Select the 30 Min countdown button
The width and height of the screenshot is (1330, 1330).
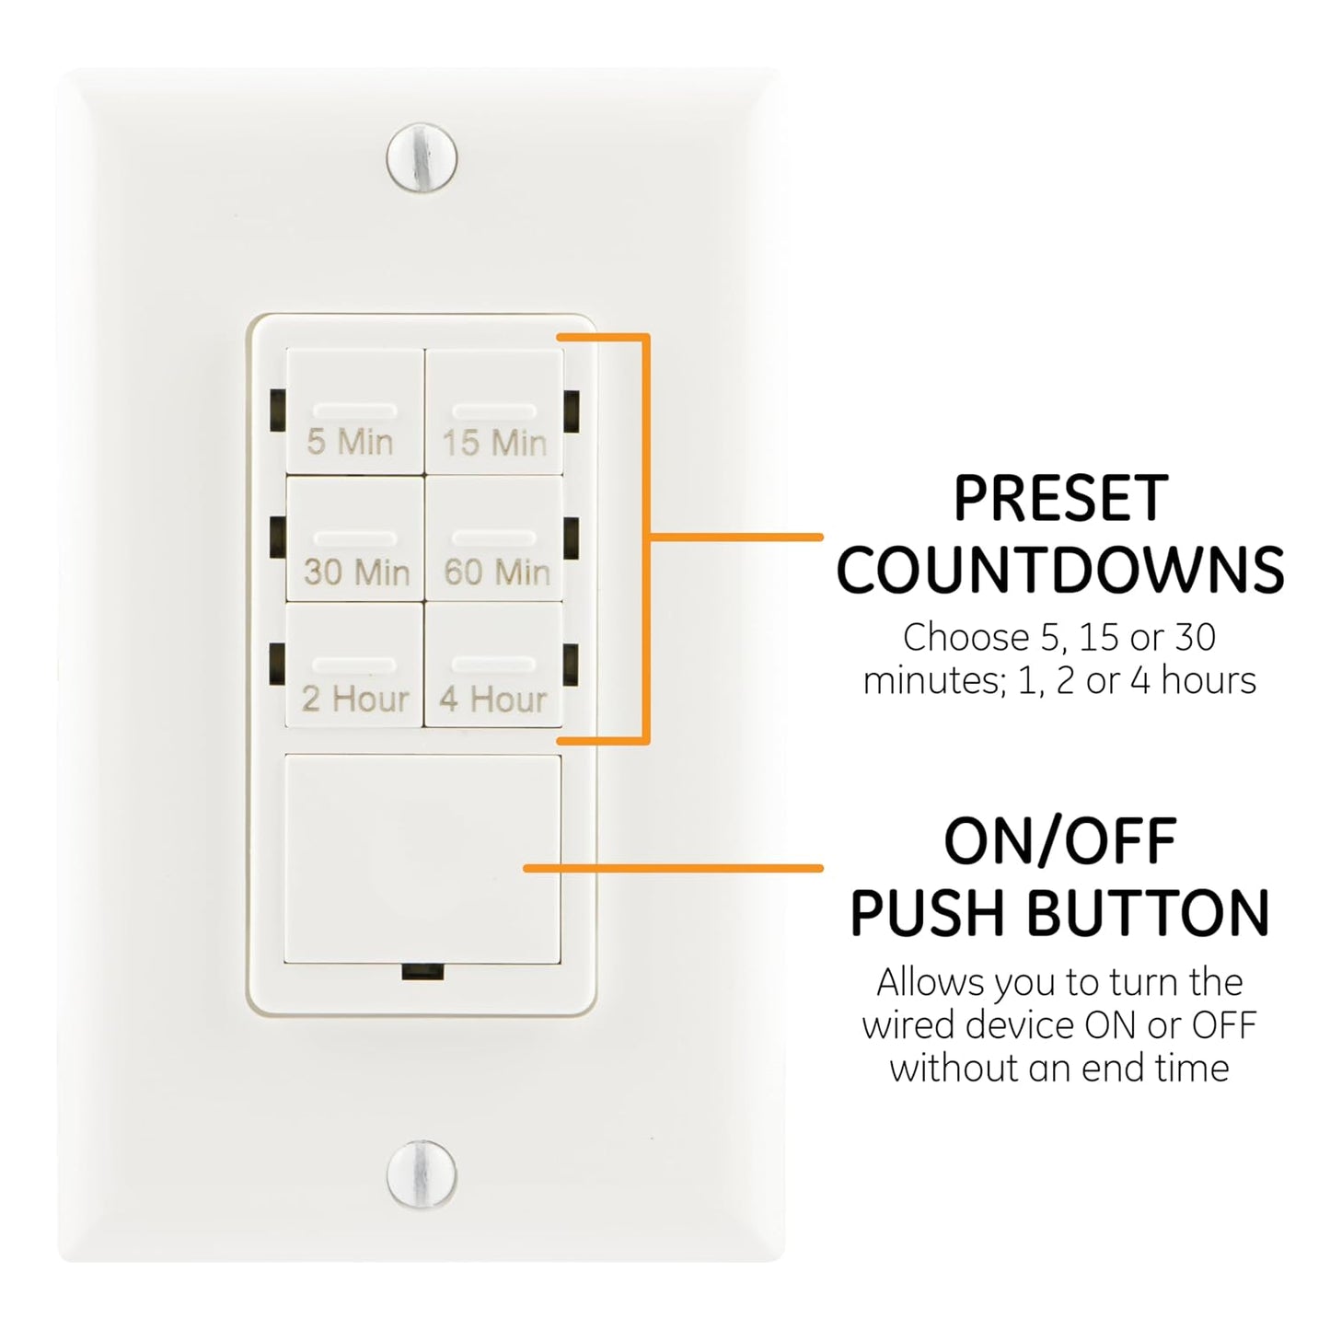(355, 540)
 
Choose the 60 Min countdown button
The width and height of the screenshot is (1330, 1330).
(494, 540)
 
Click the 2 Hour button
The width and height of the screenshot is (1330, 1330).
(355, 666)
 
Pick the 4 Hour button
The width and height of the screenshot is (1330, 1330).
(494, 666)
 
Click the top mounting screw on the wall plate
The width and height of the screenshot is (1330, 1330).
(422, 157)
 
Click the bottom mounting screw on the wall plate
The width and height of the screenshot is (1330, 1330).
(422, 1174)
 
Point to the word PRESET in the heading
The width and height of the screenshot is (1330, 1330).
(1059, 500)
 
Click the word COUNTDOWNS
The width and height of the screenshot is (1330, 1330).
(1059, 571)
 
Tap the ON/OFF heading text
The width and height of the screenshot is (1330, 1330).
(1059, 842)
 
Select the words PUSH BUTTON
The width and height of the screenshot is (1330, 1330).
(1059, 913)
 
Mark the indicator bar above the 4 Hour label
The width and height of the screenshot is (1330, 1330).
(494, 665)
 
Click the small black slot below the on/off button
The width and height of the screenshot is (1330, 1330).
(422, 972)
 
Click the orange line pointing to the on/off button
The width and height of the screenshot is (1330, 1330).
(672, 868)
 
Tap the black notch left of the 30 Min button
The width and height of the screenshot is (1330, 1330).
(277, 538)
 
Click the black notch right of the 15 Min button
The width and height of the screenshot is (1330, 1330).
(572, 411)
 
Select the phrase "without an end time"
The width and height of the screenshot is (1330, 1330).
(1059, 1069)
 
